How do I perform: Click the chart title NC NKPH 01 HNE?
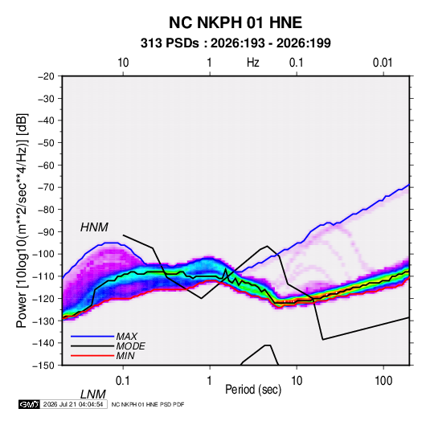(235, 22)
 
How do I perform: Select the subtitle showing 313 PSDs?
(235, 43)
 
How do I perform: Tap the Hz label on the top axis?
(252, 63)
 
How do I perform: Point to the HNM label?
(94, 227)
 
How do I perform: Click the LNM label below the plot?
(92, 394)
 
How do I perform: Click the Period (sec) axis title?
(253, 390)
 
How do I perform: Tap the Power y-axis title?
(22, 221)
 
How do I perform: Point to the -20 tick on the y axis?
(46, 76)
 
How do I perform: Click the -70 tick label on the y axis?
(46, 187)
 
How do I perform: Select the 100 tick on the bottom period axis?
(383, 381)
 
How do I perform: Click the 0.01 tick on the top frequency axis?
(383, 63)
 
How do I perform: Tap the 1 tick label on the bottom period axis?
(210, 381)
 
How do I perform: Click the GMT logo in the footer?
(30, 404)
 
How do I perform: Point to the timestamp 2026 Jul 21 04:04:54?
(73, 404)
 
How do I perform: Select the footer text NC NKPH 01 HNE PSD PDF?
(148, 404)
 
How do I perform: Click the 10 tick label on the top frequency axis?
(123, 63)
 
